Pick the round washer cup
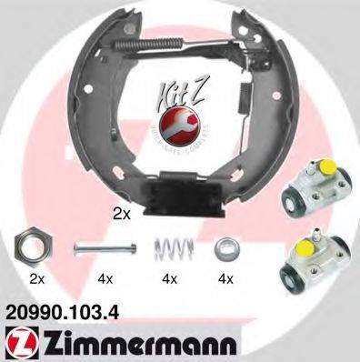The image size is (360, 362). (225, 246)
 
